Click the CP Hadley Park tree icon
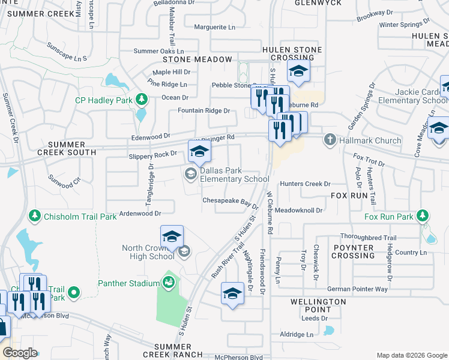point(141,98)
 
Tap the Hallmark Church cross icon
point(330,140)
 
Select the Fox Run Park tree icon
point(424,215)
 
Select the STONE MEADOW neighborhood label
point(197,59)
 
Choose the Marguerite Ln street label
point(214,27)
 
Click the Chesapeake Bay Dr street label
point(230,203)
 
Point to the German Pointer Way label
point(357,289)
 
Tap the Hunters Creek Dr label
point(304,184)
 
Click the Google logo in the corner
point(20,353)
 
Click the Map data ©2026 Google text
point(412,355)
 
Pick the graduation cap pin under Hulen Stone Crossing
point(298,71)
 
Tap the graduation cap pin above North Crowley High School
point(172,237)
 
